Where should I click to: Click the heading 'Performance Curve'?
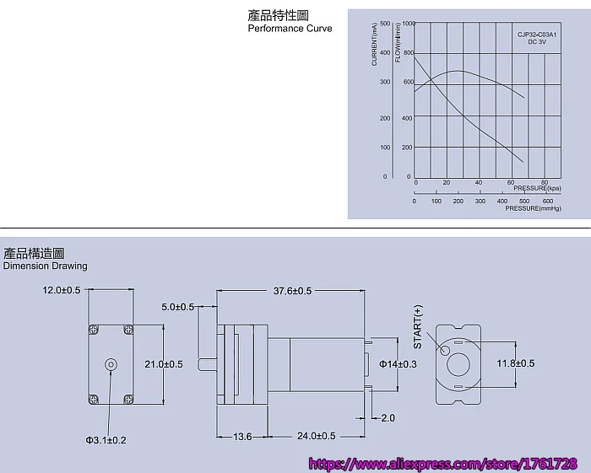coord(290,29)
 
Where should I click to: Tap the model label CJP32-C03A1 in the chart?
coord(537,35)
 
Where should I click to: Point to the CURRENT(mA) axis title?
coord(374,45)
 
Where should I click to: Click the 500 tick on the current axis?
coord(385,24)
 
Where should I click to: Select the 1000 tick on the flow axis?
coord(409,24)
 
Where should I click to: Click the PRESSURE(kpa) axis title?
coord(537,188)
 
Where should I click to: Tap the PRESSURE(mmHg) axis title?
coord(533,208)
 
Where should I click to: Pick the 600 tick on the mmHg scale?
coord(548,201)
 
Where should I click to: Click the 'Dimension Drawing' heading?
coord(46,266)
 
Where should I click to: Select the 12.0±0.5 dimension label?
coord(62,290)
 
